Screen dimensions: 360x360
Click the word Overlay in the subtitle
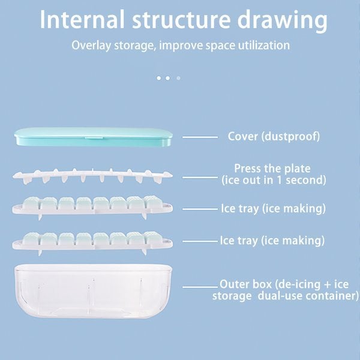[x=89, y=46]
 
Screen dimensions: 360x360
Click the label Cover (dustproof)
[x=274, y=136]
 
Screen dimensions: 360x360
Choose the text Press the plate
[x=273, y=169]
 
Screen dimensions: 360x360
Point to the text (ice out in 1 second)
[x=273, y=180]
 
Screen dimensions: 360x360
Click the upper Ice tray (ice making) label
[x=273, y=209]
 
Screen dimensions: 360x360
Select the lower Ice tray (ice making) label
[x=273, y=241]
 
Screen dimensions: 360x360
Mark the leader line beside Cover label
[x=200, y=137]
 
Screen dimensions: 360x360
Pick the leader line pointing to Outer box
[x=200, y=287]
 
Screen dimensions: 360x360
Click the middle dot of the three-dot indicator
[x=168, y=77]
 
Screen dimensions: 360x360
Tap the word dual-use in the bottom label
[x=288, y=296]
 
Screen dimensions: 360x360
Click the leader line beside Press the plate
[x=200, y=177]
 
